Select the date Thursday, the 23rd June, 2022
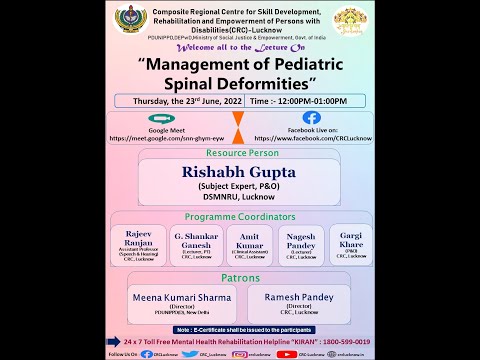point(177,101)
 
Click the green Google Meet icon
point(161,118)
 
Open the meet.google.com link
point(161,139)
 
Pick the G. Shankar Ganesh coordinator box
point(195,244)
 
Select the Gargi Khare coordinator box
point(350,244)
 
